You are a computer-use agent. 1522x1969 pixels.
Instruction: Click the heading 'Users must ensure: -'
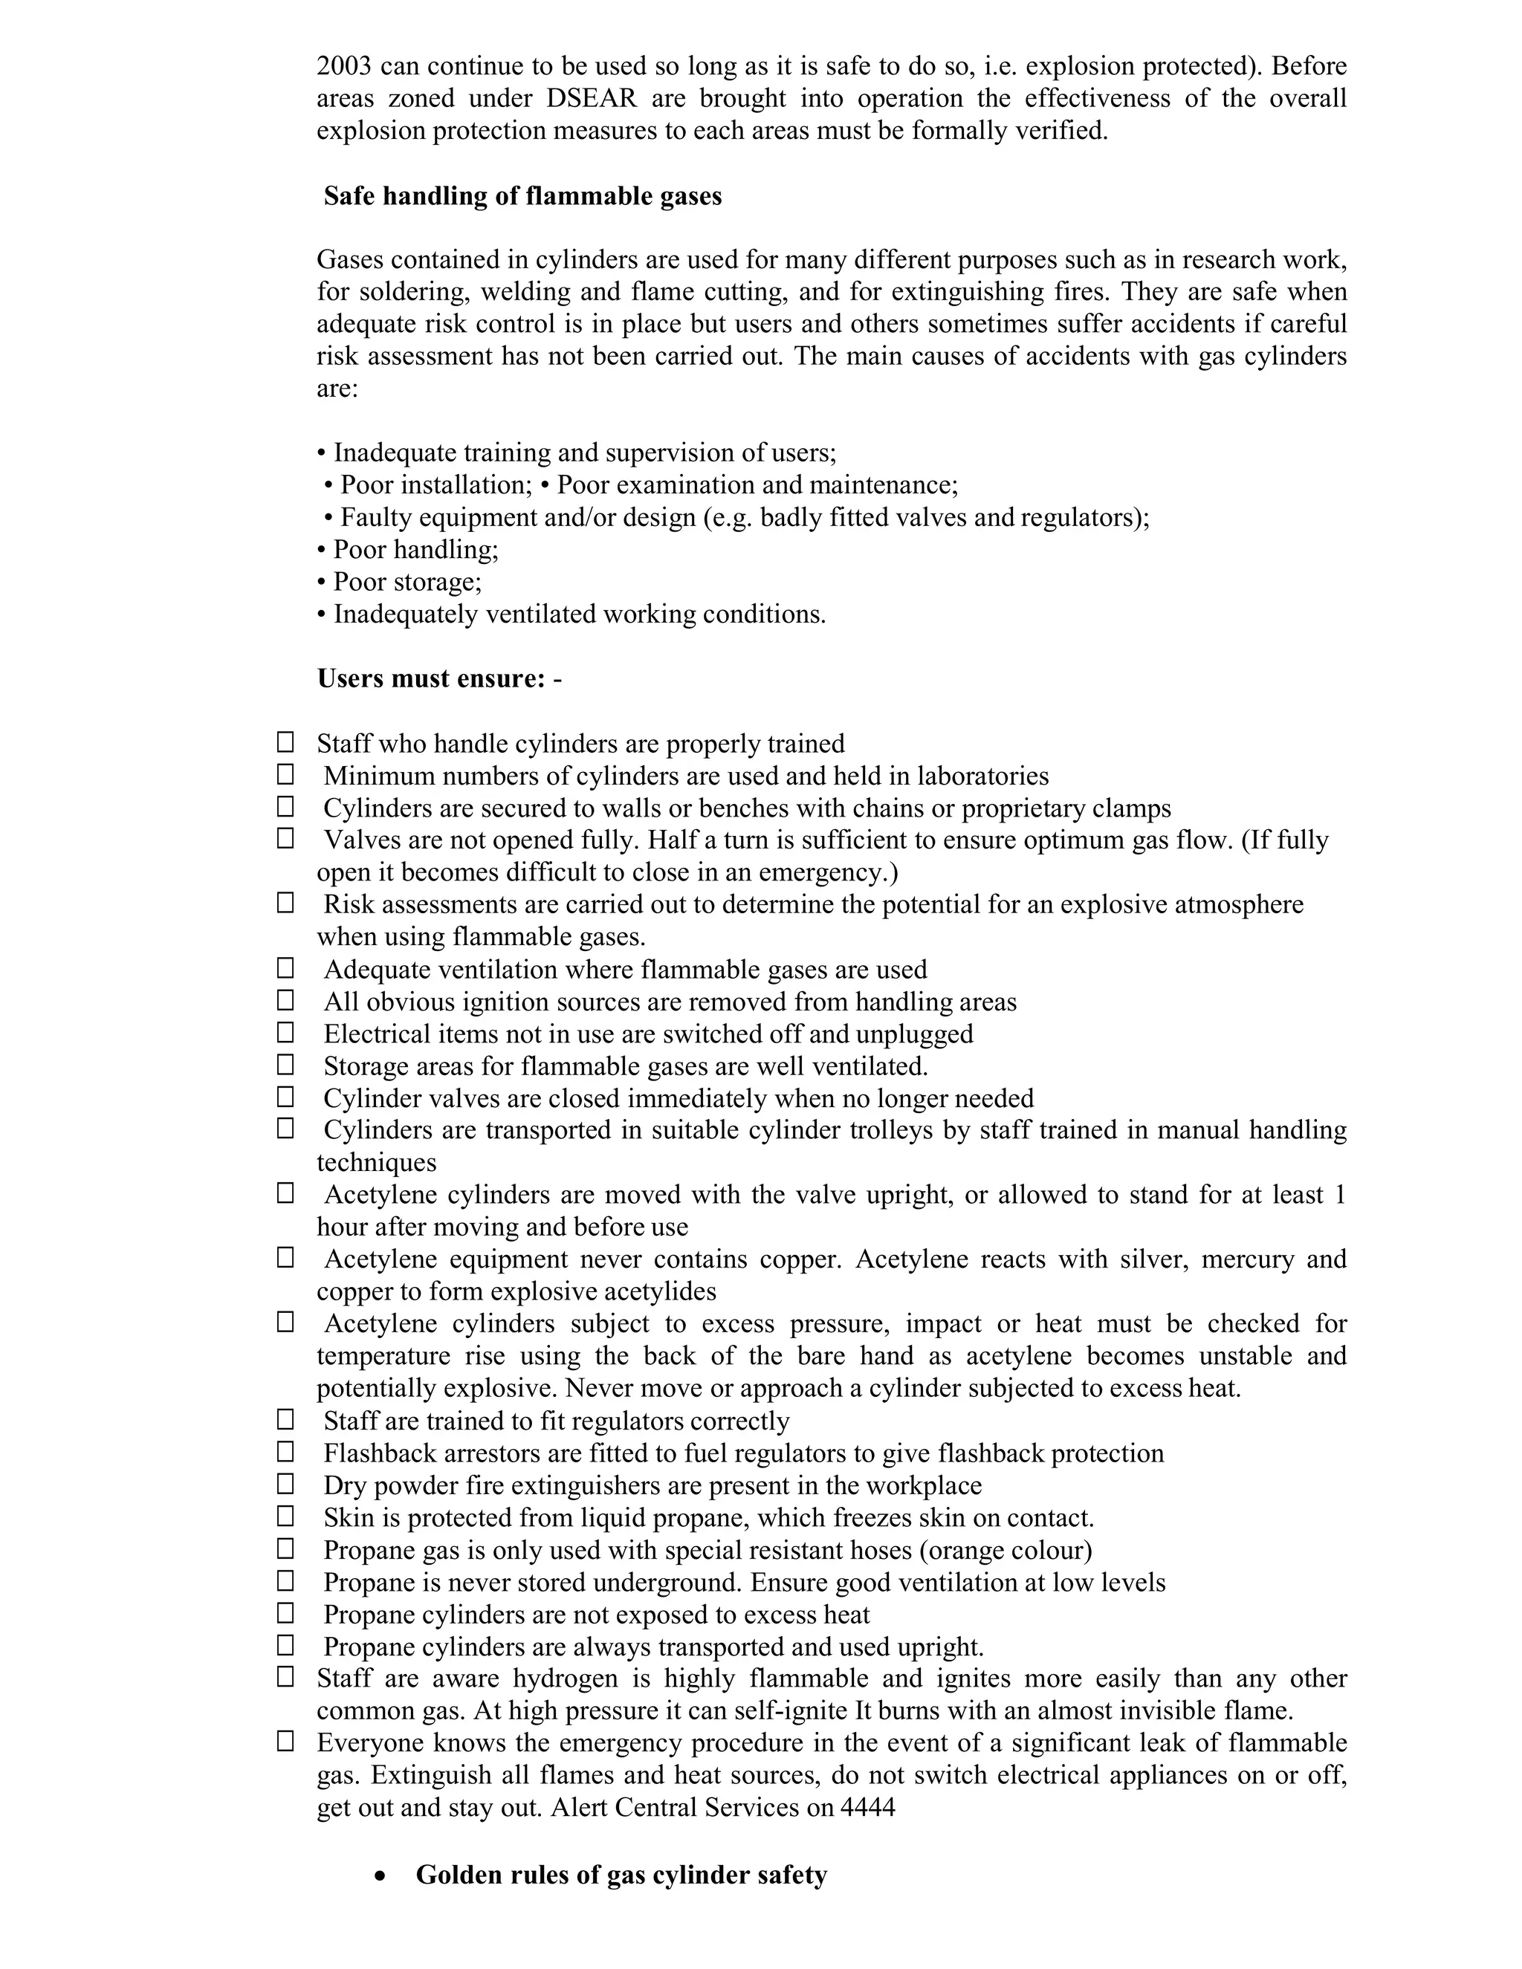pos(439,678)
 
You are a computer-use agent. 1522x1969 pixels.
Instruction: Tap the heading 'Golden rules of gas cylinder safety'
pos(621,1875)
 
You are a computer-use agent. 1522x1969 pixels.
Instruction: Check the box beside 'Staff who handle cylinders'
pos(285,742)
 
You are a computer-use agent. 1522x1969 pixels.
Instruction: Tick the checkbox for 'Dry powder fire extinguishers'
pos(285,1484)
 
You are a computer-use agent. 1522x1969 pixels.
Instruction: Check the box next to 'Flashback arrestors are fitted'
pos(285,1452)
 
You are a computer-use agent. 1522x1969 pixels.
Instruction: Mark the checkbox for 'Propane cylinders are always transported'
pos(285,1645)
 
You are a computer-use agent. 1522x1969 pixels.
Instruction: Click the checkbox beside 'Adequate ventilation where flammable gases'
pos(285,968)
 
